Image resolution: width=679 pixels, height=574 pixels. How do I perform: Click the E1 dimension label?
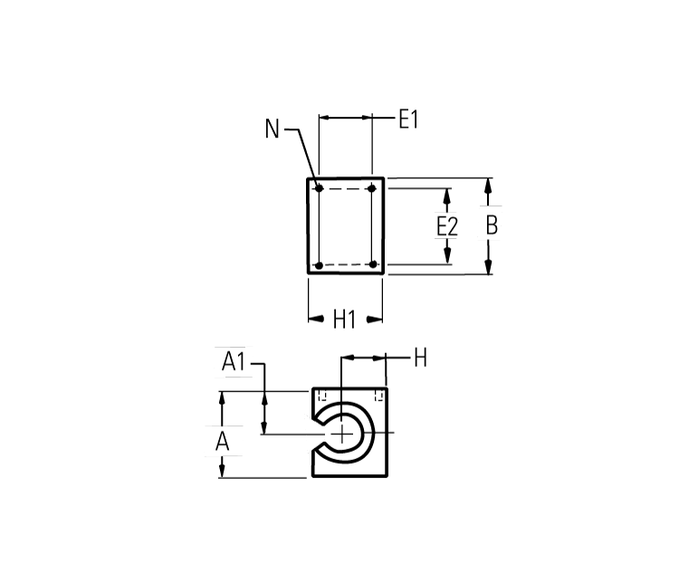[x=408, y=119]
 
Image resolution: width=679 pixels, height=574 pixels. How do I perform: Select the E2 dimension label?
[x=446, y=226]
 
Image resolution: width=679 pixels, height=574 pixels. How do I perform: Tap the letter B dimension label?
[x=492, y=225]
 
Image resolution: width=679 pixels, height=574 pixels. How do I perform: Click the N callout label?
[x=273, y=129]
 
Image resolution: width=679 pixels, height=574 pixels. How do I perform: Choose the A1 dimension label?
[x=234, y=362]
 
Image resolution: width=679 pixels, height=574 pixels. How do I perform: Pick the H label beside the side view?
[x=419, y=359]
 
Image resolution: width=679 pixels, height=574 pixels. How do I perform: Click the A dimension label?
[x=222, y=442]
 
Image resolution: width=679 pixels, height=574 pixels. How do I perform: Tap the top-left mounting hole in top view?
[x=319, y=188]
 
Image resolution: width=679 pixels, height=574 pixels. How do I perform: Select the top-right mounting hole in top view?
[x=372, y=188]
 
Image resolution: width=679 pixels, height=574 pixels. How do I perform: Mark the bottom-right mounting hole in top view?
[x=372, y=264]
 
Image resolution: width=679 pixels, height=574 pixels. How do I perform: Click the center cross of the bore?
[x=342, y=435]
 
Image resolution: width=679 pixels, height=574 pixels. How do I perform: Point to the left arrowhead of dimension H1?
[x=315, y=319]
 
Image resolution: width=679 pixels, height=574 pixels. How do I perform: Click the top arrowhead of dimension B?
[x=488, y=185]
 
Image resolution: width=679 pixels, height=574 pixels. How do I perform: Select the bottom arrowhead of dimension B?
[x=488, y=266]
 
